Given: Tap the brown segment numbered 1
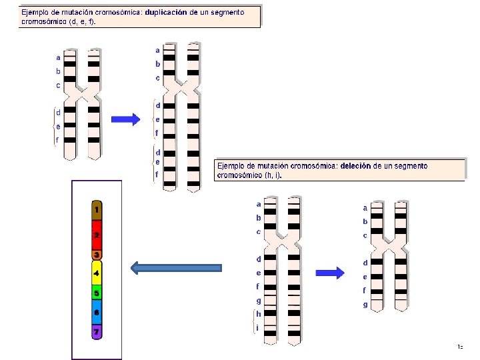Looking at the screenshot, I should (97, 211).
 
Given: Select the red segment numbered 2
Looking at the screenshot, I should (97, 235).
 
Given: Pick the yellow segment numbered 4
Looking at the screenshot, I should (97, 273).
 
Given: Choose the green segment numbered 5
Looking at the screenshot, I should (97, 293).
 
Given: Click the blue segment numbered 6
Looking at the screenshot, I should (97, 313).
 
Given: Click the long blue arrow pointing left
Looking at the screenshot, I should (176, 268).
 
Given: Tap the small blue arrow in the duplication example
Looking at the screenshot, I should (125, 119).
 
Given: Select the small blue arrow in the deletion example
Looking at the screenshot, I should (329, 272).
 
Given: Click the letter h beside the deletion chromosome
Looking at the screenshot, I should (259, 314).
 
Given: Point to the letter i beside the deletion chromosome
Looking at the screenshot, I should (258, 327).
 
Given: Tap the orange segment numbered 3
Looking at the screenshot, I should (97, 255).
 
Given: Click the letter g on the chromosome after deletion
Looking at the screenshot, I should (365, 305).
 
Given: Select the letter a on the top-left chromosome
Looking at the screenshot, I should (58, 57).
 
